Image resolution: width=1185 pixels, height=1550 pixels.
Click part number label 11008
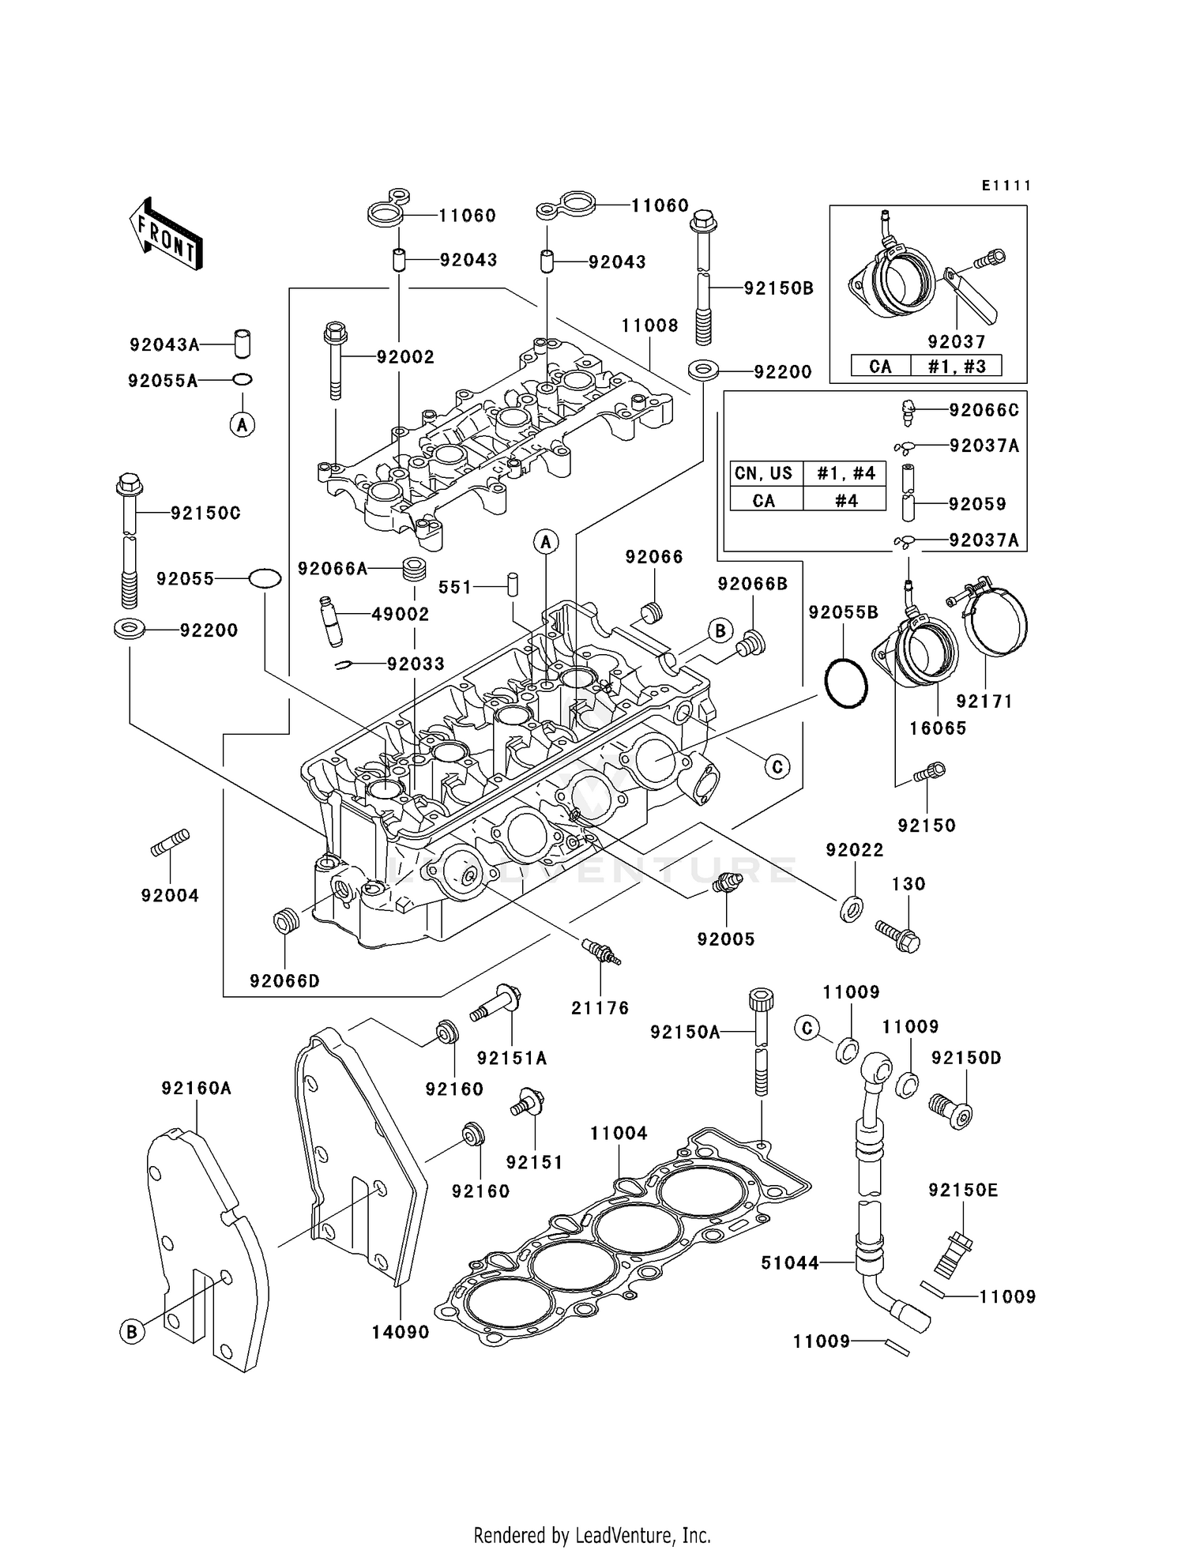tap(649, 325)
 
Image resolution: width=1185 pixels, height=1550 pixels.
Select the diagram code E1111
tap(1006, 186)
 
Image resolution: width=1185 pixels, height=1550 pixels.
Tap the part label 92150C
tap(205, 514)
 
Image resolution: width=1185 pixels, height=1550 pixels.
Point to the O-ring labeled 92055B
tap(846, 684)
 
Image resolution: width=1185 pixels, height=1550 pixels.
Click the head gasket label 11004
tap(619, 1134)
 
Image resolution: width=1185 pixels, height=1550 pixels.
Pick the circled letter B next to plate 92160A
tap(132, 1332)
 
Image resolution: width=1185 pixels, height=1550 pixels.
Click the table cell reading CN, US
tap(764, 473)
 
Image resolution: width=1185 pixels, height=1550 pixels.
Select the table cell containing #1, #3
tap(956, 367)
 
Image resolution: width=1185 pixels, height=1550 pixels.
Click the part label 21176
tap(600, 1008)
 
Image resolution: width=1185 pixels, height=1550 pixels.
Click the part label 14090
tap(401, 1332)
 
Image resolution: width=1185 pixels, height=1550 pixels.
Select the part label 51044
tap(790, 1263)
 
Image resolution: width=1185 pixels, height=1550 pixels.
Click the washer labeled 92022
tap(852, 909)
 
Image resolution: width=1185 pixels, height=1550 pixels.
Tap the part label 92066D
tap(284, 981)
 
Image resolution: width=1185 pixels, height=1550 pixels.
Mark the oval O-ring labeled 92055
tap(265, 578)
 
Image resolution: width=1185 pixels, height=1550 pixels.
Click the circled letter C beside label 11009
tap(807, 1028)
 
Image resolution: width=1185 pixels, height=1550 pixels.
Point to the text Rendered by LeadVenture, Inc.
tap(592, 1535)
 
